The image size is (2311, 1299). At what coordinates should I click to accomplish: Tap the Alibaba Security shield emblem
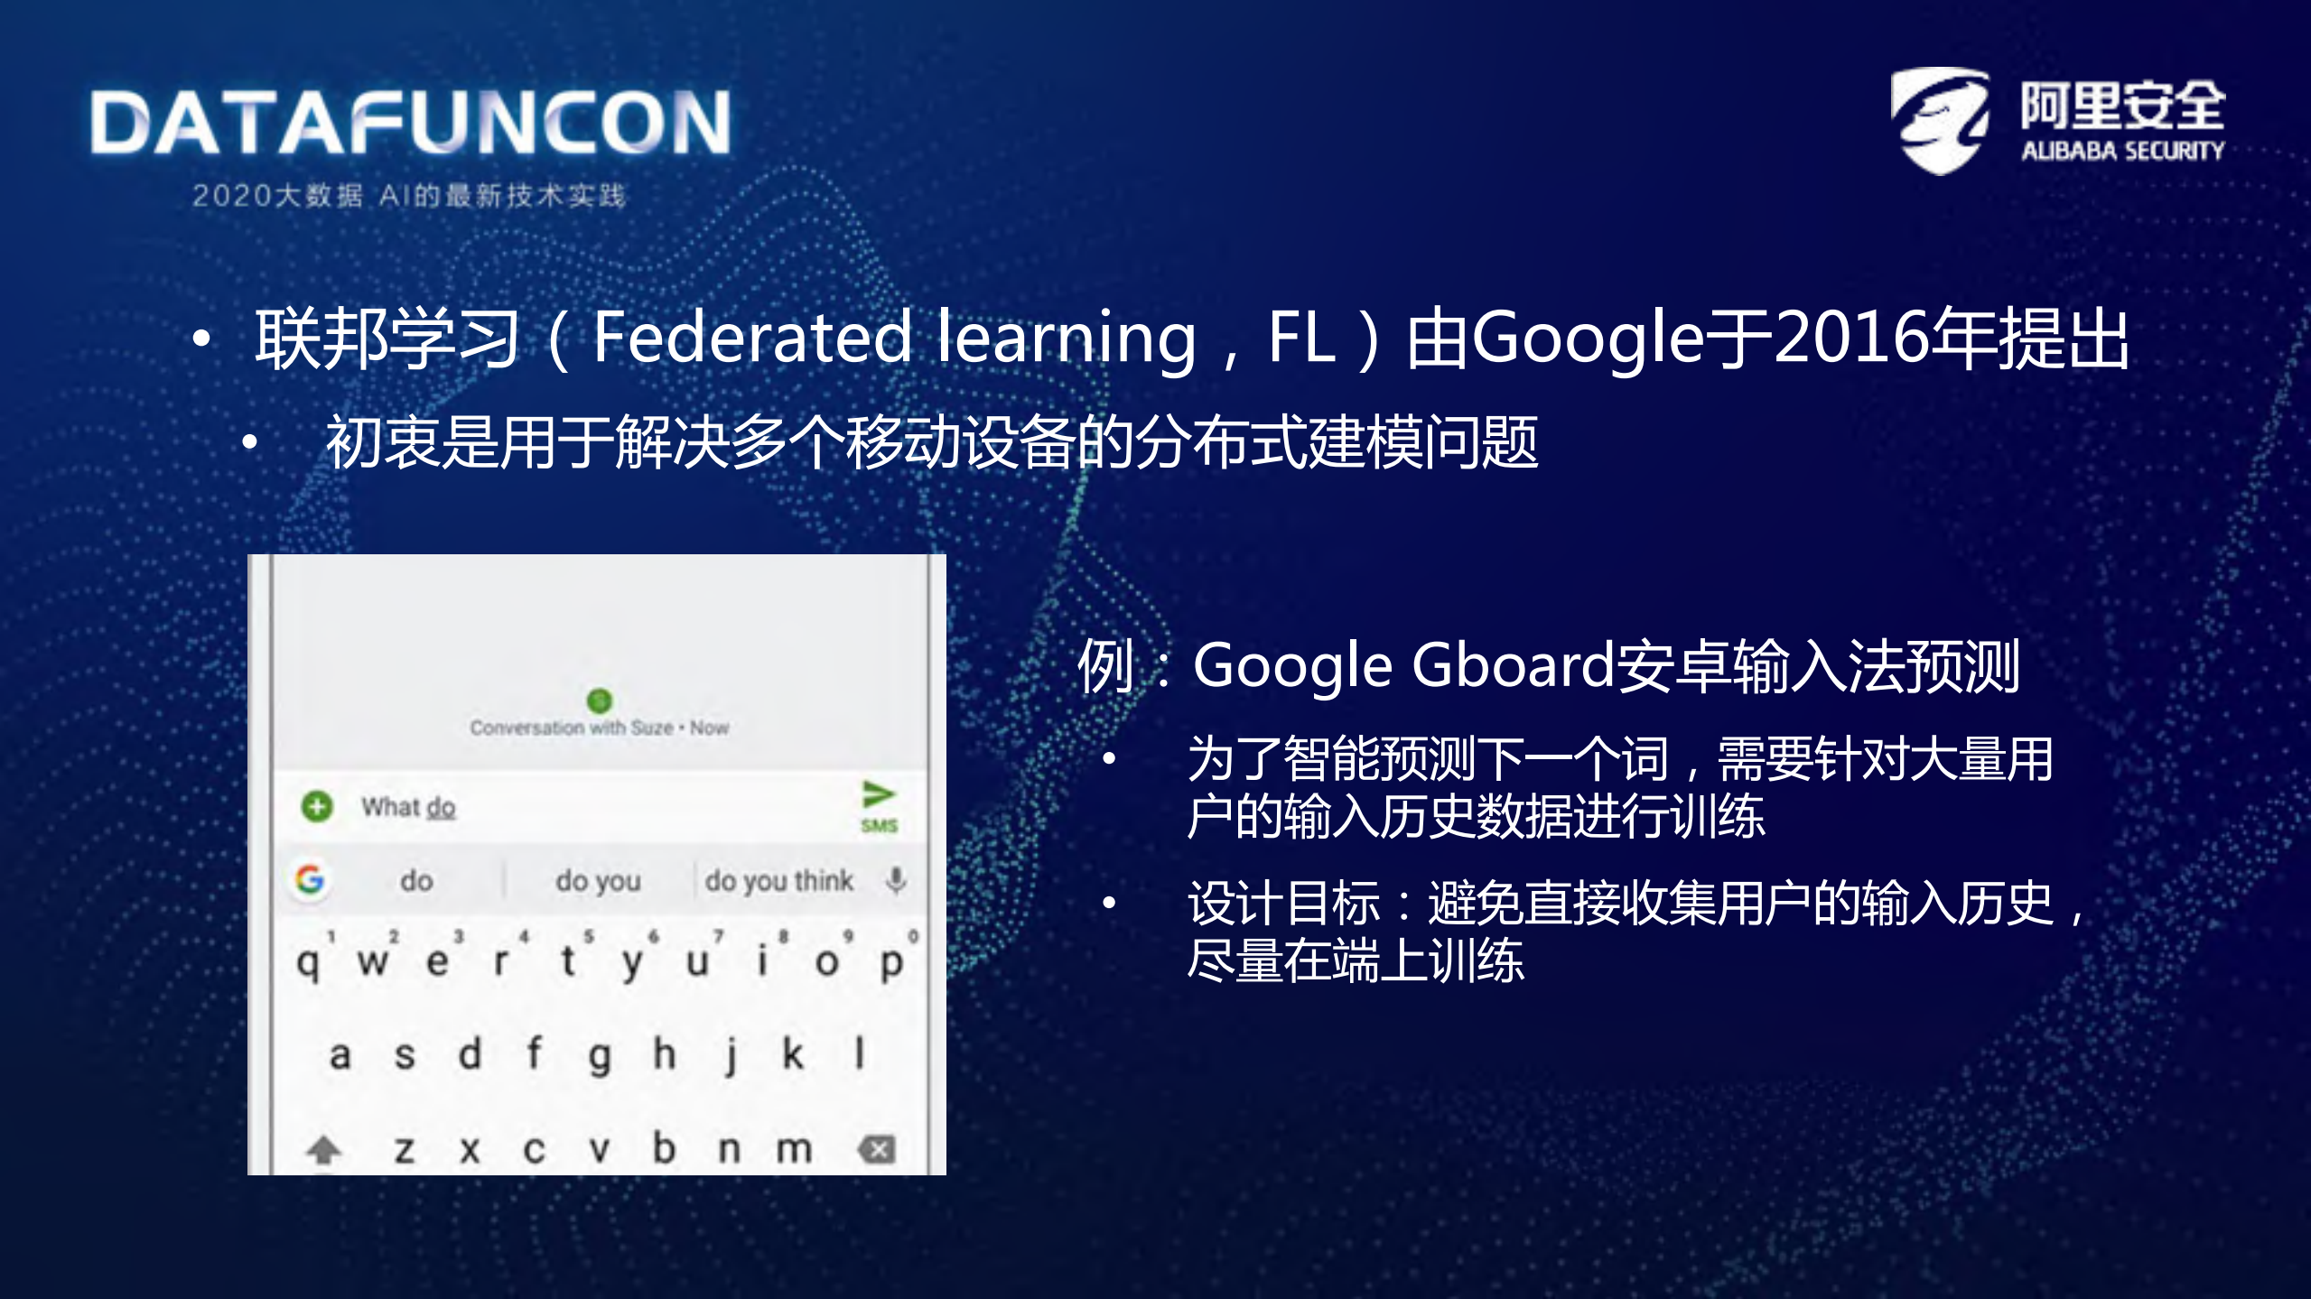coord(1940,119)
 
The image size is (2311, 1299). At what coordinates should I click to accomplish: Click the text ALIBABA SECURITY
coord(2122,151)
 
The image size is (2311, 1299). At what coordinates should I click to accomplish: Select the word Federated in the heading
coord(752,337)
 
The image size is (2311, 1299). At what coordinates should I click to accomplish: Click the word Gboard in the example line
coord(1512,665)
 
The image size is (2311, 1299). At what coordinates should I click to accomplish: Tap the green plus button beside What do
coord(317,806)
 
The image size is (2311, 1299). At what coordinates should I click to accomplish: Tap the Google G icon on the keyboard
coord(310,878)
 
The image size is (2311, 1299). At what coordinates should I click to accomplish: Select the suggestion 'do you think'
coord(778,880)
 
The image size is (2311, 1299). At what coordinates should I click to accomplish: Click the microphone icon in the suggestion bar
coord(896,879)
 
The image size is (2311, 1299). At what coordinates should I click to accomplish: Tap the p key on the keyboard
coord(891,962)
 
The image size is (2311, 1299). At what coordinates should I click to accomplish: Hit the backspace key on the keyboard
coord(876,1149)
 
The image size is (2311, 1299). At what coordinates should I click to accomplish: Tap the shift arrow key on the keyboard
coord(323,1149)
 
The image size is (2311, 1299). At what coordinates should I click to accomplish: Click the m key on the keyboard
coord(794,1149)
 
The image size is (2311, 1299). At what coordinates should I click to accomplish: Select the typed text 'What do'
coord(408,807)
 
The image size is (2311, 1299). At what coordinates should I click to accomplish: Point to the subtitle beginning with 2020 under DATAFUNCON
coord(408,195)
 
